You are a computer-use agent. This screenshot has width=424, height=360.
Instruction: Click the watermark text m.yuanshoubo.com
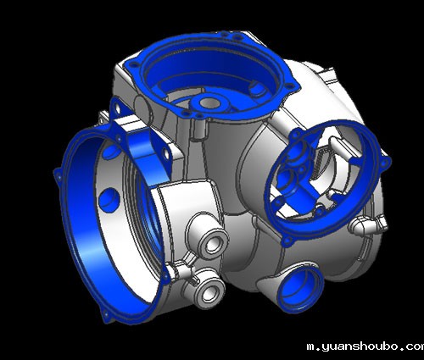[365, 346]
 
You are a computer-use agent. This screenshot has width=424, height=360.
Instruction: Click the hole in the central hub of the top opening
[209, 103]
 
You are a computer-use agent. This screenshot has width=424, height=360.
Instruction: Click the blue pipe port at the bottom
[300, 288]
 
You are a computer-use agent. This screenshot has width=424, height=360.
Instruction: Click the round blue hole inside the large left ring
[109, 200]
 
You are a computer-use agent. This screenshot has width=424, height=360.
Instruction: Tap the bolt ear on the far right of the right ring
[386, 162]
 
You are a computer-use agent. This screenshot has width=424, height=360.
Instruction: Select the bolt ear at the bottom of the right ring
[287, 241]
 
